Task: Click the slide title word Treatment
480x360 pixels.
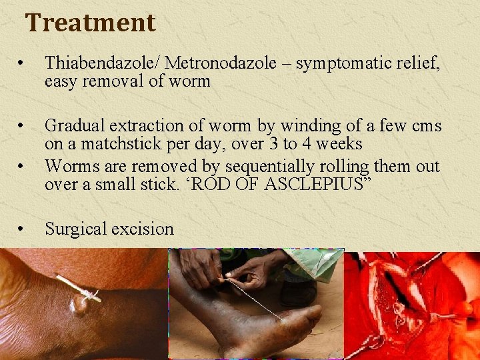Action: tap(90, 23)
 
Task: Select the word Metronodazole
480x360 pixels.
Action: tap(221, 63)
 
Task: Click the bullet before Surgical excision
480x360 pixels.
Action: tap(22, 229)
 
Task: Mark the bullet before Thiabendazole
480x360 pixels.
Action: tap(22, 64)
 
